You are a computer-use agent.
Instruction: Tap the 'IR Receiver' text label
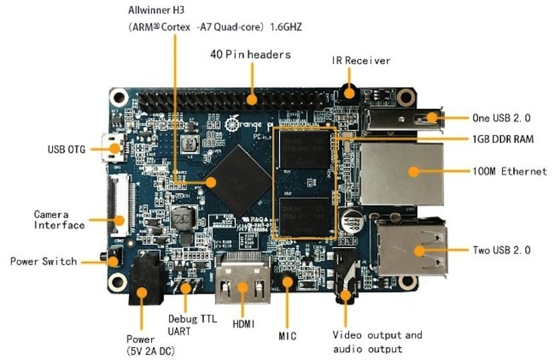[x=361, y=60]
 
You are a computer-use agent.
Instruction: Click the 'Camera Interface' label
[x=60, y=219]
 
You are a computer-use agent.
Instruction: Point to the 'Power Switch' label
[x=43, y=261]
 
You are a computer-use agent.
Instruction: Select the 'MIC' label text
[x=288, y=336]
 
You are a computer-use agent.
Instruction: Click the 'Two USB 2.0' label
[x=502, y=250]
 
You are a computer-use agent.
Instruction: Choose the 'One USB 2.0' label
[x=502, y=118]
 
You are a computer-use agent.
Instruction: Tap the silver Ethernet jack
[x=401, y=173]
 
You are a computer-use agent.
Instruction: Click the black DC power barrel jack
[x=144, y=280]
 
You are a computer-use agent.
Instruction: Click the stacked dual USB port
[x=411, y=248]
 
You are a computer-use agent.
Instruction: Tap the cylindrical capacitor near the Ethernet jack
[x=351, y=221]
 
